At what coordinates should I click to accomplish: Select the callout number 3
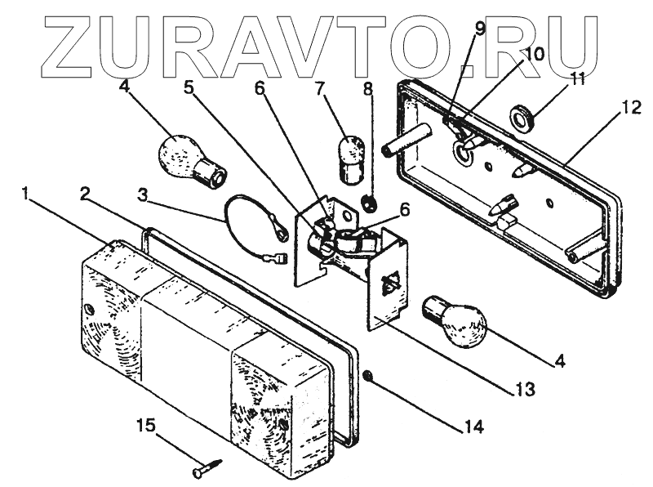pyautogui.click(x=144, y=196)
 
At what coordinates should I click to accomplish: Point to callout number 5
pyautogui.click(x=190, y=87)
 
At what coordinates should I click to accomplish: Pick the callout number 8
pyautogui.click(x=369, y=87)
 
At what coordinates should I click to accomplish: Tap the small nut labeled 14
pyautogui.click(x=367, y=376)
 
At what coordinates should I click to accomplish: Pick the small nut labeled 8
pyautogui.click(x=370, y=202)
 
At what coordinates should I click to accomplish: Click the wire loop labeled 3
pyautogui.click(x=245, y=214)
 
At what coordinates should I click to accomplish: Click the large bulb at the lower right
pyautogui.click(x=454, y=320)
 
